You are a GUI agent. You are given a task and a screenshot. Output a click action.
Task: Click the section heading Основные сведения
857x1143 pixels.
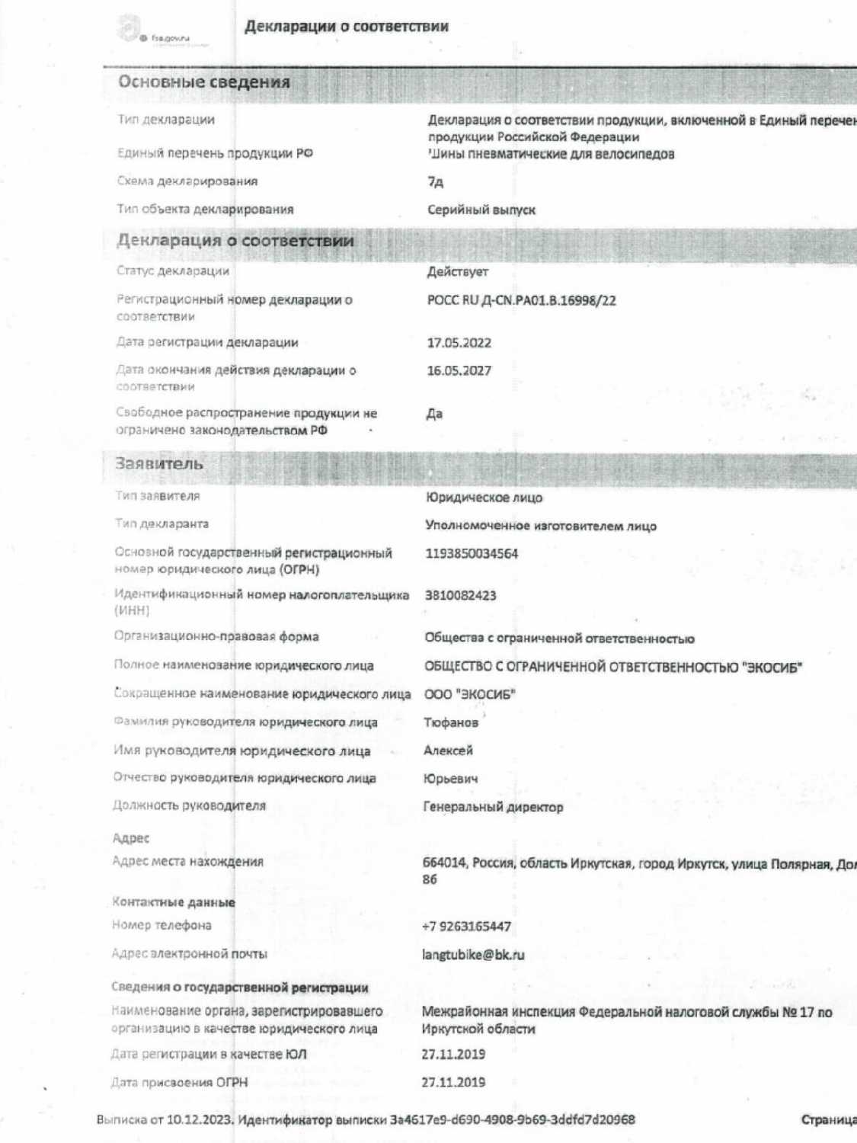click(x=203, y=82)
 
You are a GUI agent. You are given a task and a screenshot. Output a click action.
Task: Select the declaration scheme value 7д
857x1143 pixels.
click(x=435, y=182)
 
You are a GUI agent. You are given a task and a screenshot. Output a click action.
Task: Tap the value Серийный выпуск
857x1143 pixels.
click(x=481, y=210)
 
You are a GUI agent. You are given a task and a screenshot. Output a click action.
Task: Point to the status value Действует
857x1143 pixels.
click(x=457, y=272)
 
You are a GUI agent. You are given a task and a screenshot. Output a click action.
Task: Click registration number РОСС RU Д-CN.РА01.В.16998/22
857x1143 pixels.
click(x=521, y=300)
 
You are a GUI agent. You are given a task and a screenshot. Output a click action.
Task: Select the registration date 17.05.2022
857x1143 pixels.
click(x=459, y=343)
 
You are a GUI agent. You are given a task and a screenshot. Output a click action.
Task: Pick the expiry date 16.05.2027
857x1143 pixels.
click(x=459, y=371)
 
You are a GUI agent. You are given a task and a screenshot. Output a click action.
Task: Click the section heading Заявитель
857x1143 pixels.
click(x=159, y=464)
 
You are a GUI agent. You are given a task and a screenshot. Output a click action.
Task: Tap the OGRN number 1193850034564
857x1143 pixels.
click(x=471, y=554)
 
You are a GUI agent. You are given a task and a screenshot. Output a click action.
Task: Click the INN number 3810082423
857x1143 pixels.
click(x=460, y=595)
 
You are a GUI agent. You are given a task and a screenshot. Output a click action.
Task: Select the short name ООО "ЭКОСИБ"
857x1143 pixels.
click(x=469, y=694)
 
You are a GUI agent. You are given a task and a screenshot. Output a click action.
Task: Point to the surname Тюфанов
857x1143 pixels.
click(x=451, y=722)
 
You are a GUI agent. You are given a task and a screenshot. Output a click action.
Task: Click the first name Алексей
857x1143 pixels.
click(x=448, y=751)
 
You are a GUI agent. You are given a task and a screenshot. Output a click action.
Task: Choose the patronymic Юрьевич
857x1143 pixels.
click(x=450, y=779)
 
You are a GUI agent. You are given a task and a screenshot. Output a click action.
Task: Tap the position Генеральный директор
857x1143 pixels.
click(x=493, y=807)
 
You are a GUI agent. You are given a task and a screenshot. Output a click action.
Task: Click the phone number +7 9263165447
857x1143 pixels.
click(x=466, y=927)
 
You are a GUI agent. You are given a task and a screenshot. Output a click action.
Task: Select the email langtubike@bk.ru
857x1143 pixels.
click(x=473, y=955)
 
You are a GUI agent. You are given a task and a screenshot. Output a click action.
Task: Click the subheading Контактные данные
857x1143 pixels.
click(x=174, y=902)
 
